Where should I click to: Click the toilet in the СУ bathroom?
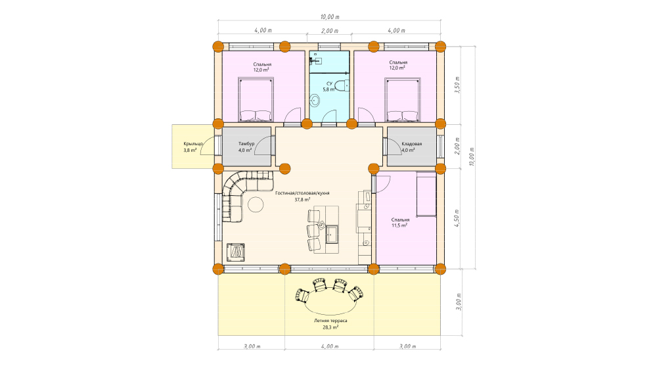coord(342,85)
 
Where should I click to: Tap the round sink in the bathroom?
coord(315,100)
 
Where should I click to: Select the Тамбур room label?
coord(246,144)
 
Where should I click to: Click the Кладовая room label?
coord(411,144)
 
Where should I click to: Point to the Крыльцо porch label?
coord(193,144)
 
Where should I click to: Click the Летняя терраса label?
coord(330,321)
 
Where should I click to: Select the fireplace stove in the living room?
coord(235,252)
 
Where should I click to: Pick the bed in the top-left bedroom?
coord(256,99)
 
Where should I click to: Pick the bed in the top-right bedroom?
coord(402,99)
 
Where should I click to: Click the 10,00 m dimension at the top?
coord(330,17)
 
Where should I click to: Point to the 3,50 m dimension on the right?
coord(457,85)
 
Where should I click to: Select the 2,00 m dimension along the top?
coord(330,31)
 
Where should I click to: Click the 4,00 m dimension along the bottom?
coord(330,346)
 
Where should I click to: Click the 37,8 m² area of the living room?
coord(302,199)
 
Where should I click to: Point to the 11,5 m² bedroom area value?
coord(399,225)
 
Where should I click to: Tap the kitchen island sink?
coord(332,234)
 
